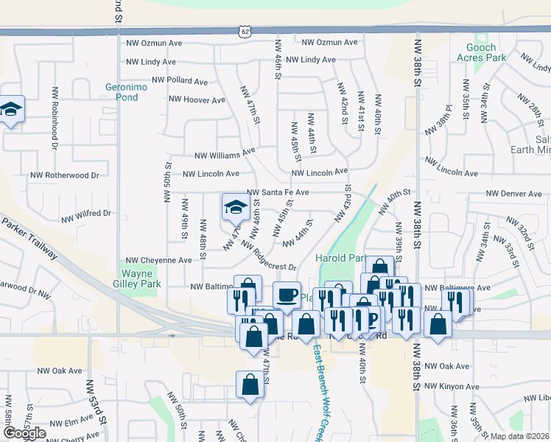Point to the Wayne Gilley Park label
coord(141,278)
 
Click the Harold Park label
coord(340,258)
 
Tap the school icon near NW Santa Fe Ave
coord(234,207)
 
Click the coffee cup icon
coord(287,295)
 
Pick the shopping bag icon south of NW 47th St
coord(250,385)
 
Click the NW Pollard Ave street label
coord(180,80)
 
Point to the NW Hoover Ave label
coord(197,98)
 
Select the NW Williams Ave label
coord(224,155)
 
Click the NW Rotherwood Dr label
coord(64,175)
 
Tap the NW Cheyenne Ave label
coord(158,260)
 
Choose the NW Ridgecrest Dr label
coord(268,258)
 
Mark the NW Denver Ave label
coord(513,194)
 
